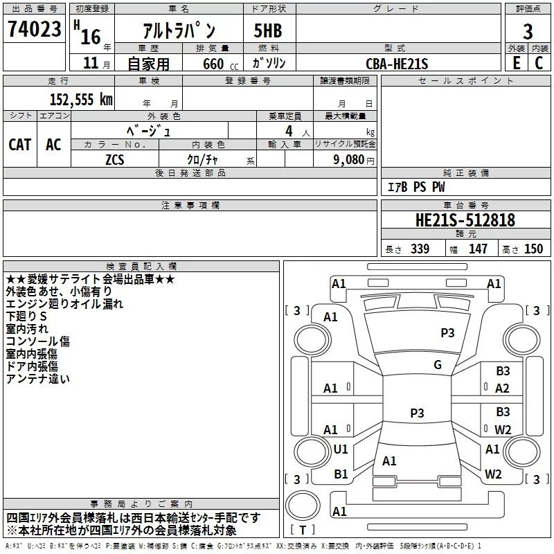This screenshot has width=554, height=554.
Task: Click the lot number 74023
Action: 34,29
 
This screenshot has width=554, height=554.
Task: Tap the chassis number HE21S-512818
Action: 465,221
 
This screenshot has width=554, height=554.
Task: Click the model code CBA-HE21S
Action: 397,64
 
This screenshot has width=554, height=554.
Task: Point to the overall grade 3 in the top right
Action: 528,32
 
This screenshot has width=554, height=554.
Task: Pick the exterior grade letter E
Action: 517,64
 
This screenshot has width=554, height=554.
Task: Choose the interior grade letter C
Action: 539,64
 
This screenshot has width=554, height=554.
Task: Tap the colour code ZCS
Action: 114,159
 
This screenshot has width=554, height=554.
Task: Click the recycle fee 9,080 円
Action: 352,159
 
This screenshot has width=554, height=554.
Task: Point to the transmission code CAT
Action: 19,145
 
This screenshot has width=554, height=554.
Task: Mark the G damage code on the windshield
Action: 437,365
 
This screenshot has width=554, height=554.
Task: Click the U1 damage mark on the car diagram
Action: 341,449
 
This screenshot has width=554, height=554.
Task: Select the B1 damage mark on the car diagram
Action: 341,474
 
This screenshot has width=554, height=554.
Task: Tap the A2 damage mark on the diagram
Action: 502,388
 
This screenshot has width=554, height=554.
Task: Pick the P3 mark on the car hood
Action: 447,333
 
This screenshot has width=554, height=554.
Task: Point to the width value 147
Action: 478,249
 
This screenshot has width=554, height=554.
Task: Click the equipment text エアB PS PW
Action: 416,187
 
